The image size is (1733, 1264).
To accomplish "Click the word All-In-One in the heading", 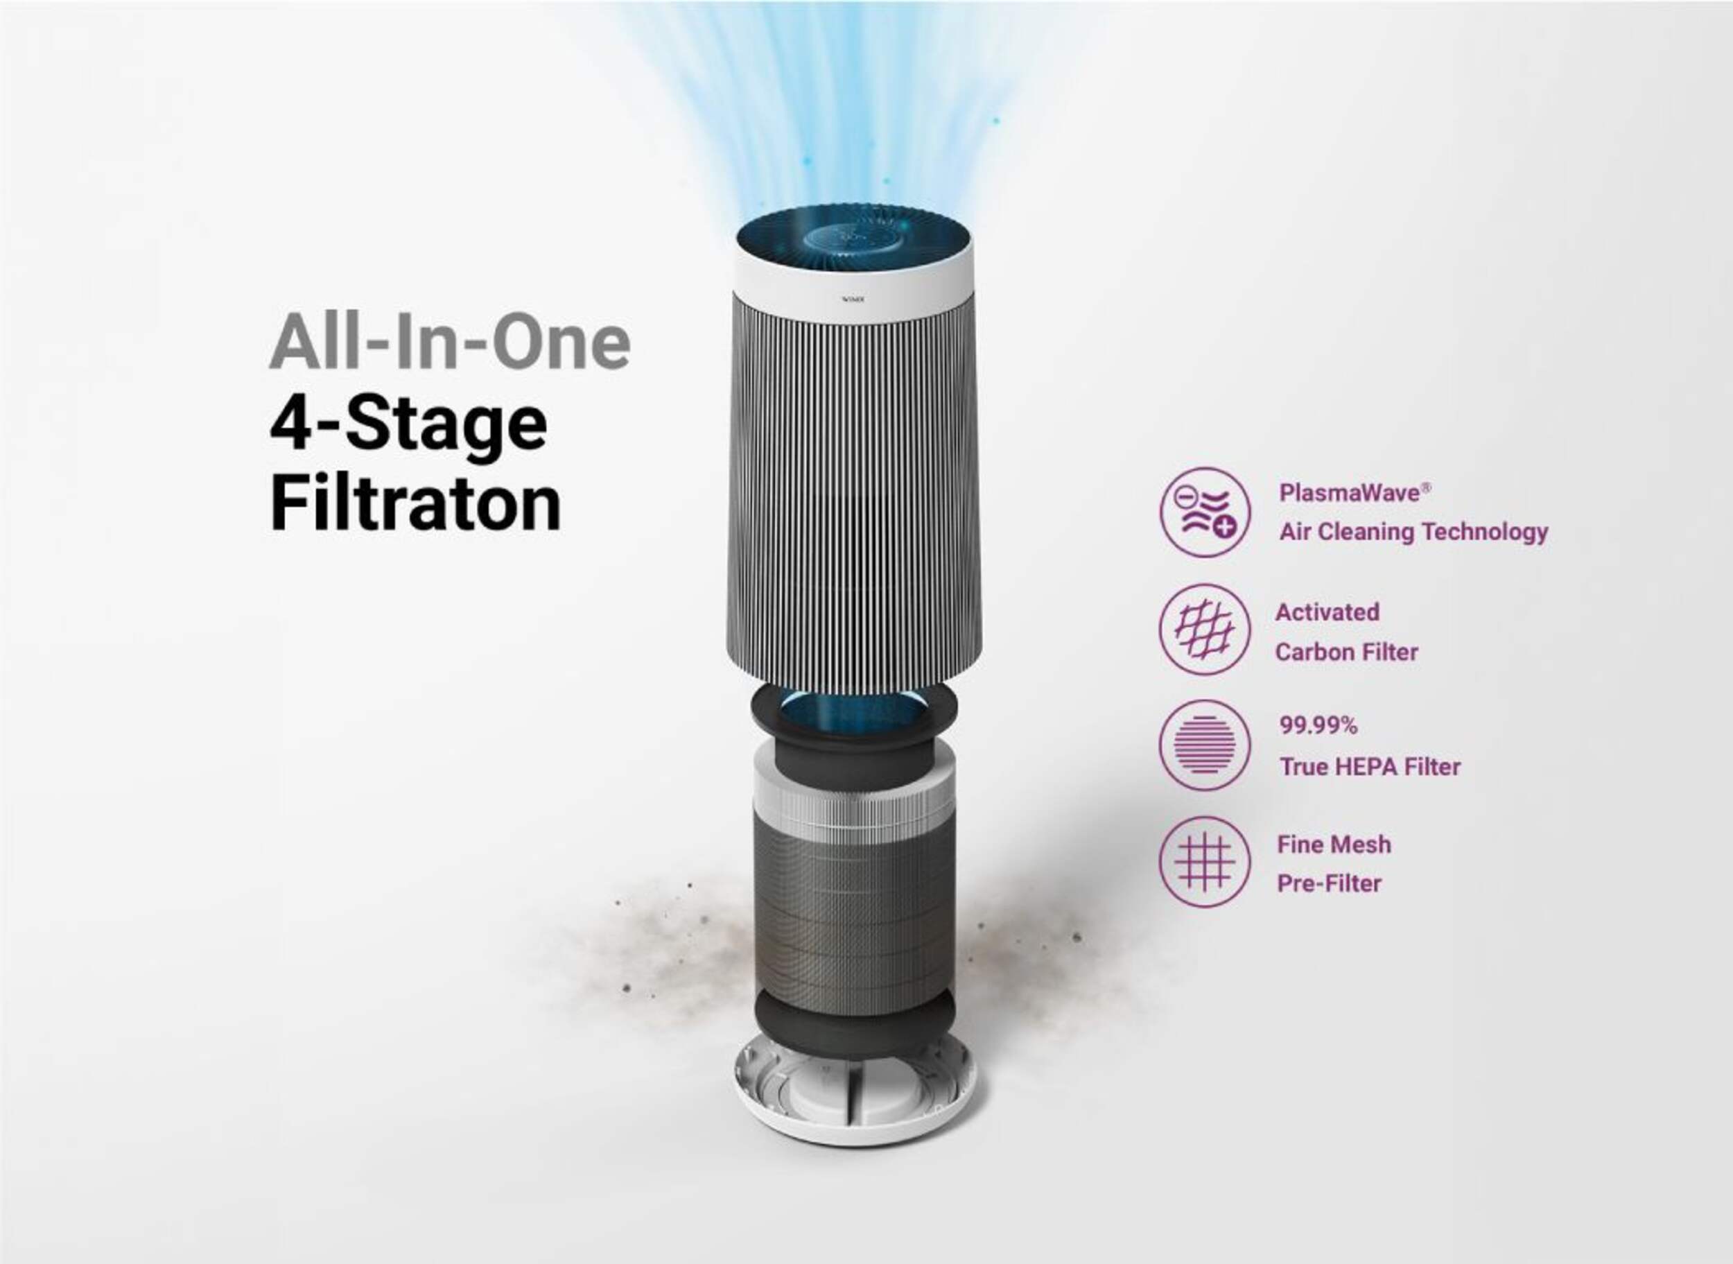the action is (450, 342).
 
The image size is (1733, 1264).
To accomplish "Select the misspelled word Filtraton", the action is (415, 503).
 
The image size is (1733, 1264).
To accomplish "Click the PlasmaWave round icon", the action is (1205, 512).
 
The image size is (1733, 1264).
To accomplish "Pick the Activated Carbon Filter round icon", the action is (1205, 629).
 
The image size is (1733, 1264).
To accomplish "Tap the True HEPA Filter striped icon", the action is (1205, 745).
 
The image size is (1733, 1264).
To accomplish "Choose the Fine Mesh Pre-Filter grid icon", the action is (1205, 863).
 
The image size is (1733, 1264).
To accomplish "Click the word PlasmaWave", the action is (1350, 492).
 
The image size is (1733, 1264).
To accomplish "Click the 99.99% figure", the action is (1318, 725).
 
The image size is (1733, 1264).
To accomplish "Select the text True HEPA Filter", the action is (1370, 767).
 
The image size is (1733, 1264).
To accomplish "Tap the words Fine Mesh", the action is (1334, 844).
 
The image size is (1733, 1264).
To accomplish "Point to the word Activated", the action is (1327, 612).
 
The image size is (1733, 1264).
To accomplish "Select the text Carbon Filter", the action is (1347, 652).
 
